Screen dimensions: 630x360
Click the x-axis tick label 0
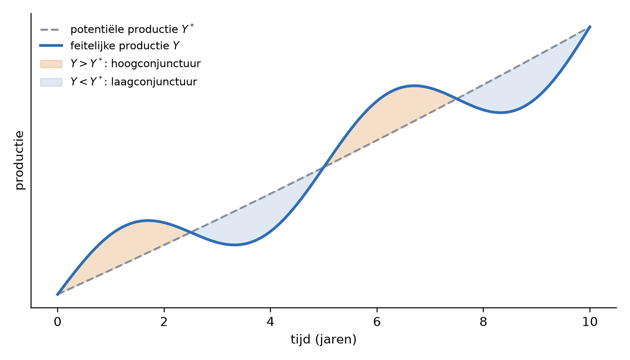click(58, 322)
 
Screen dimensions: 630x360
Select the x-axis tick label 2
click(164, 322)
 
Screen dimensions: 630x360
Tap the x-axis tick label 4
click(270, 322)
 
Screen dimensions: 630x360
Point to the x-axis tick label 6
click(377, 322)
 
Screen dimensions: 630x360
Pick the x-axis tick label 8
click(483, 322)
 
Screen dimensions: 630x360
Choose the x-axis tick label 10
click(590, 322)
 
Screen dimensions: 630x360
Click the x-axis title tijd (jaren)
click(324, 339)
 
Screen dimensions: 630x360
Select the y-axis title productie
click(20, 160)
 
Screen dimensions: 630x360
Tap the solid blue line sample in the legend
click(51, 45)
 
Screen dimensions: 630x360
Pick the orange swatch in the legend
click(51, 64)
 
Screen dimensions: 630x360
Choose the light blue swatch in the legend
click(51, 82)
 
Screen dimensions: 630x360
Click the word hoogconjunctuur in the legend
click(156, 64)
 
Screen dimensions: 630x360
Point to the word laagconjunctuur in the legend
click(154, 82)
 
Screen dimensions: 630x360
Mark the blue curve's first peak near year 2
click(148, 221)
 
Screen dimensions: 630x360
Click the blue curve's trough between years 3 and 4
click(234, 245)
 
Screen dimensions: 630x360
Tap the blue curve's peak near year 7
click(414, 86)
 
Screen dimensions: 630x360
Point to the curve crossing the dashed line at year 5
click(324, 166)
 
